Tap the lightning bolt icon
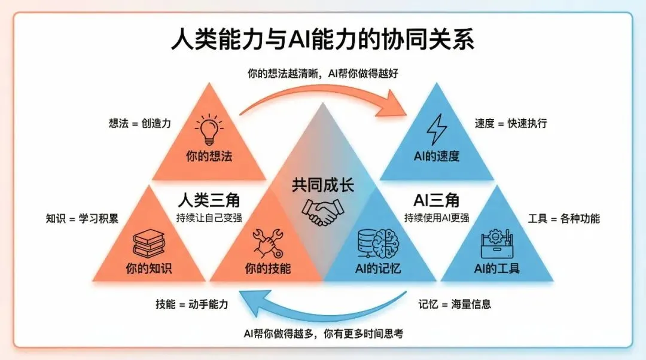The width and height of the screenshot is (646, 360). pos(437,129)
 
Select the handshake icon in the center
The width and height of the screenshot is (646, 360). pos(322,211)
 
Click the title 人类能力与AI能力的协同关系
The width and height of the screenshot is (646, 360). pos(322,41)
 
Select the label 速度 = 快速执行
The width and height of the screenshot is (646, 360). pos(510,124)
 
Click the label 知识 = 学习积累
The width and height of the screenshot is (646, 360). pos(82,218)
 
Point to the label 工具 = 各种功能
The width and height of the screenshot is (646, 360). pos(563,218)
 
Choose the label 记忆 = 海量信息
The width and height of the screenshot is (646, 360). pos(455,304)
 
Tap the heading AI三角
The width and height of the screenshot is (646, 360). pos(436,199)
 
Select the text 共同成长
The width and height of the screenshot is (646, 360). pos(322,184)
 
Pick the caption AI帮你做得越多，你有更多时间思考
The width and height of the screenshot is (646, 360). pos(322,334)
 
